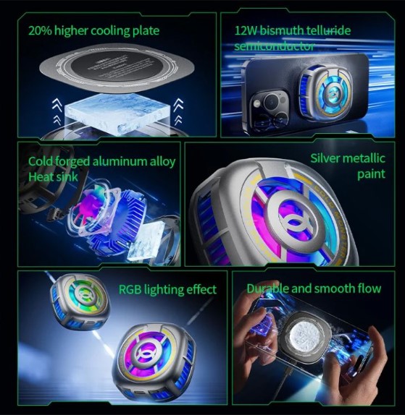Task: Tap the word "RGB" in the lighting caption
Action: pos(131,289)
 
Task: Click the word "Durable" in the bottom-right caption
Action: pos(268,288)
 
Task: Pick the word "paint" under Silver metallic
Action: pos(370,174)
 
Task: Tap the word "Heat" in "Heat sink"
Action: pos(41,177)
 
